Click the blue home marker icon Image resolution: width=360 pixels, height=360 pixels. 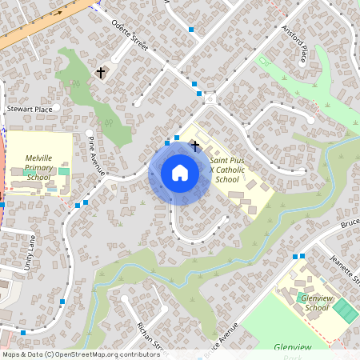pos(180,172)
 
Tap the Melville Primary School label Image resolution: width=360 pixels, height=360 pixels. pos(38,167)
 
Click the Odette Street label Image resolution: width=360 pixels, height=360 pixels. pos(130,35)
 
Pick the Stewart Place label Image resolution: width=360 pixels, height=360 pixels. pos(29,108)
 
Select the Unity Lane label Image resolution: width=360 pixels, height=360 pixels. pos(30,251)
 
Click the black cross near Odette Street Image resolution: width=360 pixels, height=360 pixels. pos(101,73)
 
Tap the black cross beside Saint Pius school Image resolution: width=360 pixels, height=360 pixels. pos(195,145)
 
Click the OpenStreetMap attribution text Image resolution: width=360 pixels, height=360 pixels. pos(81,354)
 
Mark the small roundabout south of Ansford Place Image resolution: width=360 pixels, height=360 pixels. pos(210,98)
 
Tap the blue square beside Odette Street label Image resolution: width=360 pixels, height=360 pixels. pos(190,30)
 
